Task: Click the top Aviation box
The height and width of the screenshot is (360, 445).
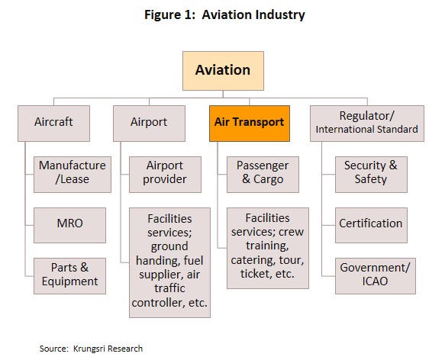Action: [223, 71]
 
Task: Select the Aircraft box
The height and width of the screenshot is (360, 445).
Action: [53, 124]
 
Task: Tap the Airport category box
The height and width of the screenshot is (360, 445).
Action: [149, 124]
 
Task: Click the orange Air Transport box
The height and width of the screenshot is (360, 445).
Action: [250, 124]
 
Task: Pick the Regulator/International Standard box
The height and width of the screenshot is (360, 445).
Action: [367, 124]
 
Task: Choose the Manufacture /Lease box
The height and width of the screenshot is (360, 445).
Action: [73, 175]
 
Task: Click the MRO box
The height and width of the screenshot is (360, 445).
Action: [69, 225]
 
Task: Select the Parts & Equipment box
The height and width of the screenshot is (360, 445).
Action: [69, 276]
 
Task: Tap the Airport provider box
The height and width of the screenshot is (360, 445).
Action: [165, 175]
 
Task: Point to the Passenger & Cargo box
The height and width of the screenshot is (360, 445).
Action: [263, 175]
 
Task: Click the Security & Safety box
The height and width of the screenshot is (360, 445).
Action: [371, 175]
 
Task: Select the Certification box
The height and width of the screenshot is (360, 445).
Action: [371, 225]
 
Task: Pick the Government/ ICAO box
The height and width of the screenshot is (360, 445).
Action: [376, 276]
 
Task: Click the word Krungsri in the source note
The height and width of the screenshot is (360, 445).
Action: [89, 349]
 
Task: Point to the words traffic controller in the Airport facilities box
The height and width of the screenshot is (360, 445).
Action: [169, 295]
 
